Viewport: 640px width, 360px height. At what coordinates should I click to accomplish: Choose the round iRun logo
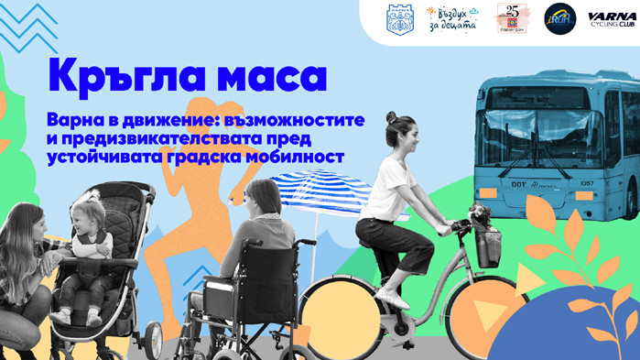pyautogui.click(x=559, y=18)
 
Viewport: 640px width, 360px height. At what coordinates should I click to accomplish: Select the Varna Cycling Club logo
pyautogui.click(x=607, y=19)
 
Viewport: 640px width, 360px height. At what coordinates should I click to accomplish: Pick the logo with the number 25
pyautogui.click(x=509, y=18)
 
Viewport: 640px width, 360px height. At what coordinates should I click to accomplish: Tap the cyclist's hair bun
pyautogui.click(x=391, y=118)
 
